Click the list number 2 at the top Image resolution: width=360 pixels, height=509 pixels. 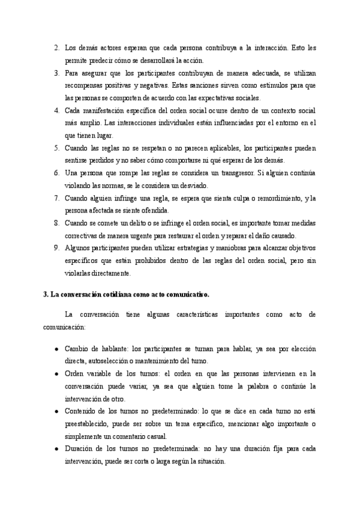pos(56,47)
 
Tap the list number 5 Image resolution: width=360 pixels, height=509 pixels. pos(56,148)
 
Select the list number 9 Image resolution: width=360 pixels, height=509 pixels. pos(56,247)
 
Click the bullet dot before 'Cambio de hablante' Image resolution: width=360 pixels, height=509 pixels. pos(56,349)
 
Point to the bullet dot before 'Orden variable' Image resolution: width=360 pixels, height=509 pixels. pos(56,373)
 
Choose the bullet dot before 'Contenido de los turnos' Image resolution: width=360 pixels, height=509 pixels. pos(56,411)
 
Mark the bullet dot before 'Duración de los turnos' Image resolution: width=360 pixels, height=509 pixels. pos(56,449)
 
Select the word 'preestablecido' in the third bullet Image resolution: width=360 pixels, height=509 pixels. pos(88,424)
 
